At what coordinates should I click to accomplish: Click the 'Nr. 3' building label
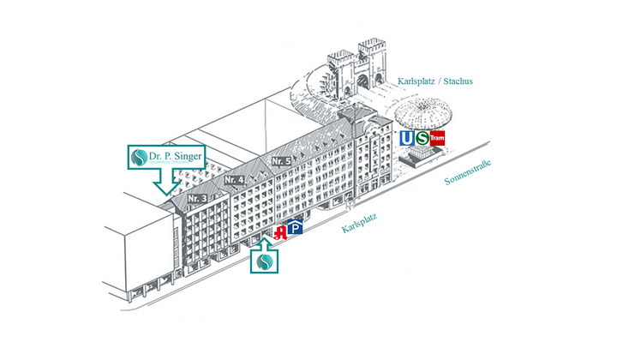point(197,198)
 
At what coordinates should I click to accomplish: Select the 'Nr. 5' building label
point(282,160)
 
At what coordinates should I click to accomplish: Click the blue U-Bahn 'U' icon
point(405,139)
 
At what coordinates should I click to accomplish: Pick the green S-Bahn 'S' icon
point(421,139)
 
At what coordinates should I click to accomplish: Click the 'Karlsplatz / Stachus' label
point(435,81)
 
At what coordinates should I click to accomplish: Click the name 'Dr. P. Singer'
point(175,156)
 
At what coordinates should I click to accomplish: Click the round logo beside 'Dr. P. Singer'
point(137,158)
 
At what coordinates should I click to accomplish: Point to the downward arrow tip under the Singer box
point(162,192)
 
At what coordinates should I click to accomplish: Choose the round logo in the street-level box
point(265,261)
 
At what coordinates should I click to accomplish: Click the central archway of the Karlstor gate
point(359,84)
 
